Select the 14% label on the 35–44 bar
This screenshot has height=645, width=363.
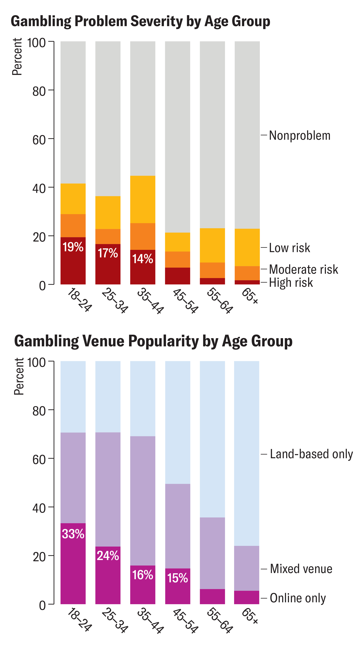[142, 259]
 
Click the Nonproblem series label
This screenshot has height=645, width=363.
[300, 135]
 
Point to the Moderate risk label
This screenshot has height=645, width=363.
[303, 269]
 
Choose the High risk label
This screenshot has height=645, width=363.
[291, 282]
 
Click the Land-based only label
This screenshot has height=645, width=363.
[311, 454]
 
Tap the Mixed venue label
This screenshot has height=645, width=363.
[301, 569]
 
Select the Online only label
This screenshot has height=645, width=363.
[298, 598]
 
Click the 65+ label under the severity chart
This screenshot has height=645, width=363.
[250, 296]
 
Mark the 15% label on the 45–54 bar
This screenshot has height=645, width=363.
[177, 578]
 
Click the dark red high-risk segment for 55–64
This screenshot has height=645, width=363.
[212, 281]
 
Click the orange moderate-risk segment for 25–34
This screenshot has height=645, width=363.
[108, 236]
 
